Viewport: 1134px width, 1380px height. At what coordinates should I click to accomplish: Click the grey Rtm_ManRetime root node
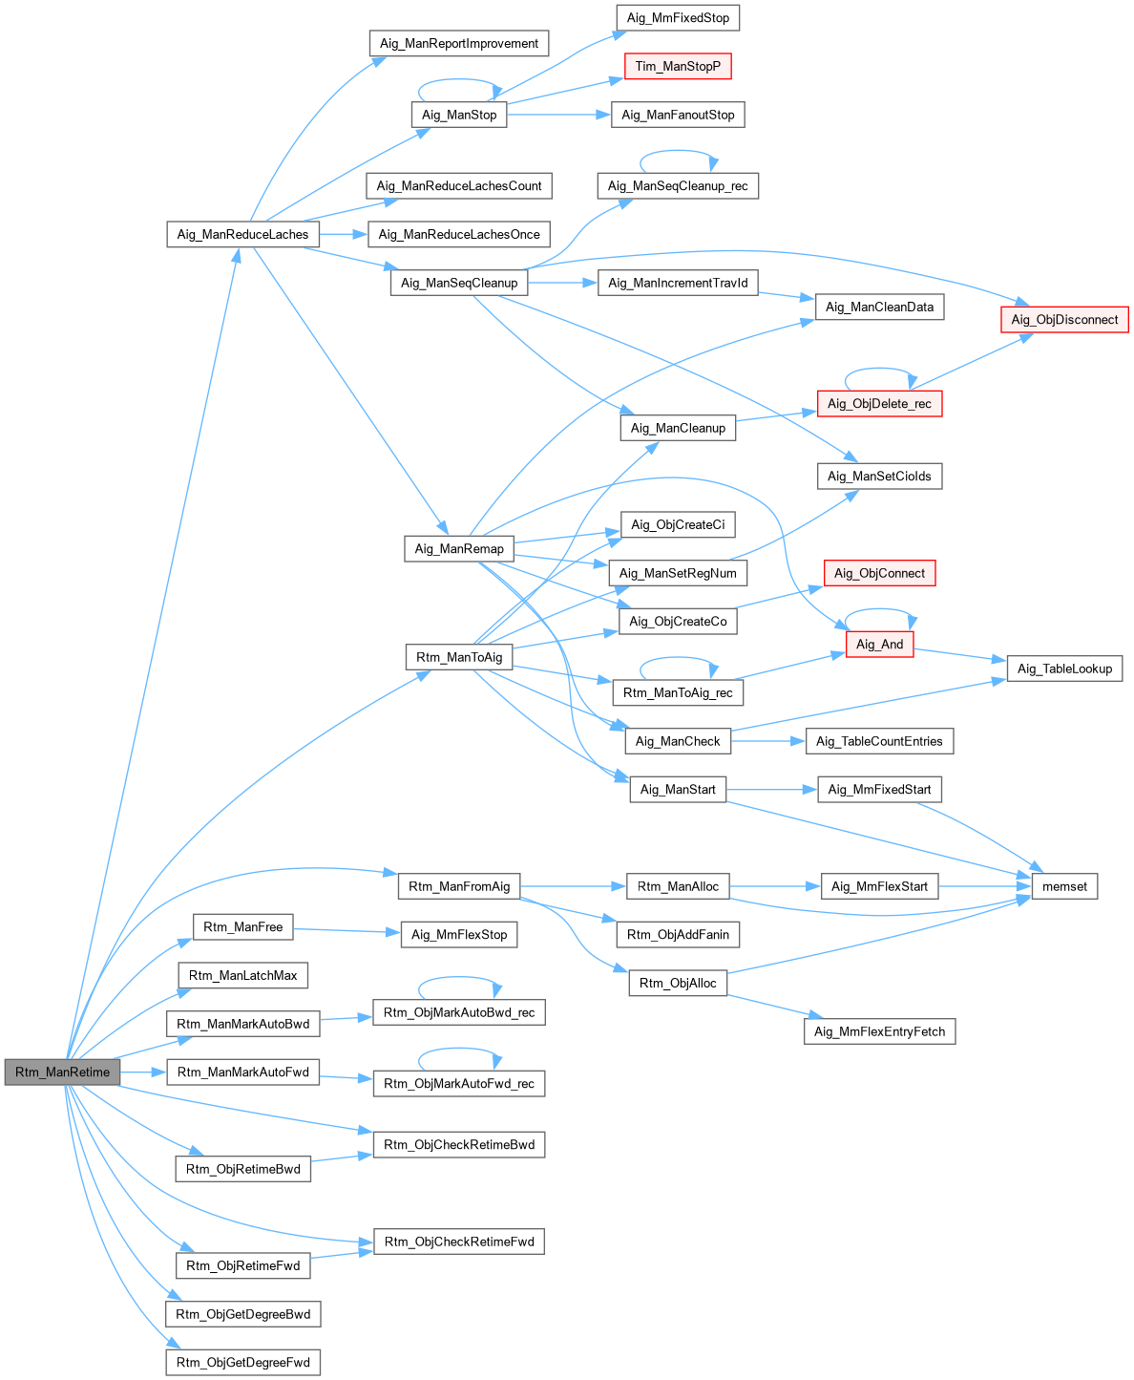click(x=63, y=1072)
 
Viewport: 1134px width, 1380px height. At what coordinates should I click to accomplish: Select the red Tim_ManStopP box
click(x=678, y=66)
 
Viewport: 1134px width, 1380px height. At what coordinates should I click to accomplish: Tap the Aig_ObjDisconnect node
click(x=1064, y=320)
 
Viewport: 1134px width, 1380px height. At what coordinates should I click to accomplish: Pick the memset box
click(x=1064, y=886)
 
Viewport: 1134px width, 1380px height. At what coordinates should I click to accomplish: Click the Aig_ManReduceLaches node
click(x=242, y=234)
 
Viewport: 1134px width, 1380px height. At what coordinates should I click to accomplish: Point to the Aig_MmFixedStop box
click(x=678, y=18)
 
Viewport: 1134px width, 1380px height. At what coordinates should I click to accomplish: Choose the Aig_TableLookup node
click(x=1064, y=669)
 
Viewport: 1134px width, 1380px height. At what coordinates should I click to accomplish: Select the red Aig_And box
click(x=879, y=645)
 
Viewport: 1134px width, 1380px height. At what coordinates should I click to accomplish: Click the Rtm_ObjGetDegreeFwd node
click(x=243, y=1362)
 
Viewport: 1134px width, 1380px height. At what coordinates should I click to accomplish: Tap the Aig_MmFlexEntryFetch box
click(x=879, y=1031)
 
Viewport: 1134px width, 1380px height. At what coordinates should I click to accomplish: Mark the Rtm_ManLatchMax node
click(x=242, y=975)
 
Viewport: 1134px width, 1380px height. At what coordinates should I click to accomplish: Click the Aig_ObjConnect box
click(x=879, y=573)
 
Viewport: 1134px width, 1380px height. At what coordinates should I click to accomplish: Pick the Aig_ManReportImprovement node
click(x=459, y=43)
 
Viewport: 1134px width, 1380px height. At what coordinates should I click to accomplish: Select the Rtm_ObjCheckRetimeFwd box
click(x=459, y=1242)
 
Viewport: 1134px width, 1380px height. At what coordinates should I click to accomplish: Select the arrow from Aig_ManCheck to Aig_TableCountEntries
click(x=768, y=741)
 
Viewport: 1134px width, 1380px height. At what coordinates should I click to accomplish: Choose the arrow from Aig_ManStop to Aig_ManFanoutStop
click(x=558, y=115)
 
